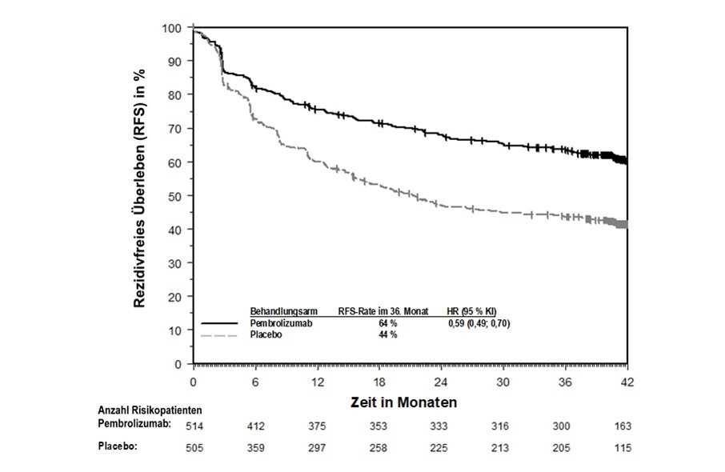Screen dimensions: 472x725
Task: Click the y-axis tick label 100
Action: coord(173,27)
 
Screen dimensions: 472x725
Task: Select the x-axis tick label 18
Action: coord(379,381)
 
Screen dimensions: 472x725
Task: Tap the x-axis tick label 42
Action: coord(627,381)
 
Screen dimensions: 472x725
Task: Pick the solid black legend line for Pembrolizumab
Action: coord(221,323)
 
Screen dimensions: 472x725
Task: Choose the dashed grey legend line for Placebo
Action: coord(221,335)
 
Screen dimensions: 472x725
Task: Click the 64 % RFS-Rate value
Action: coord(387,323)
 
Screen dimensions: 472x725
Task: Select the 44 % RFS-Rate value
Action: coord(387,335)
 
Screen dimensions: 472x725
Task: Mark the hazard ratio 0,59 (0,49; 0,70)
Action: coord(479,323)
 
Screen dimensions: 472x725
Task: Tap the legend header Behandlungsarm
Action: coord(285,311)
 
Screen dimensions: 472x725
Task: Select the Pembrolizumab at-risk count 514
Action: coord(193,425)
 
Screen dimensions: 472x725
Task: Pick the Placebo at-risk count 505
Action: coord(193,447)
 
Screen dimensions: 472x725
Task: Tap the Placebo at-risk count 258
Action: coord(378,447)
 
